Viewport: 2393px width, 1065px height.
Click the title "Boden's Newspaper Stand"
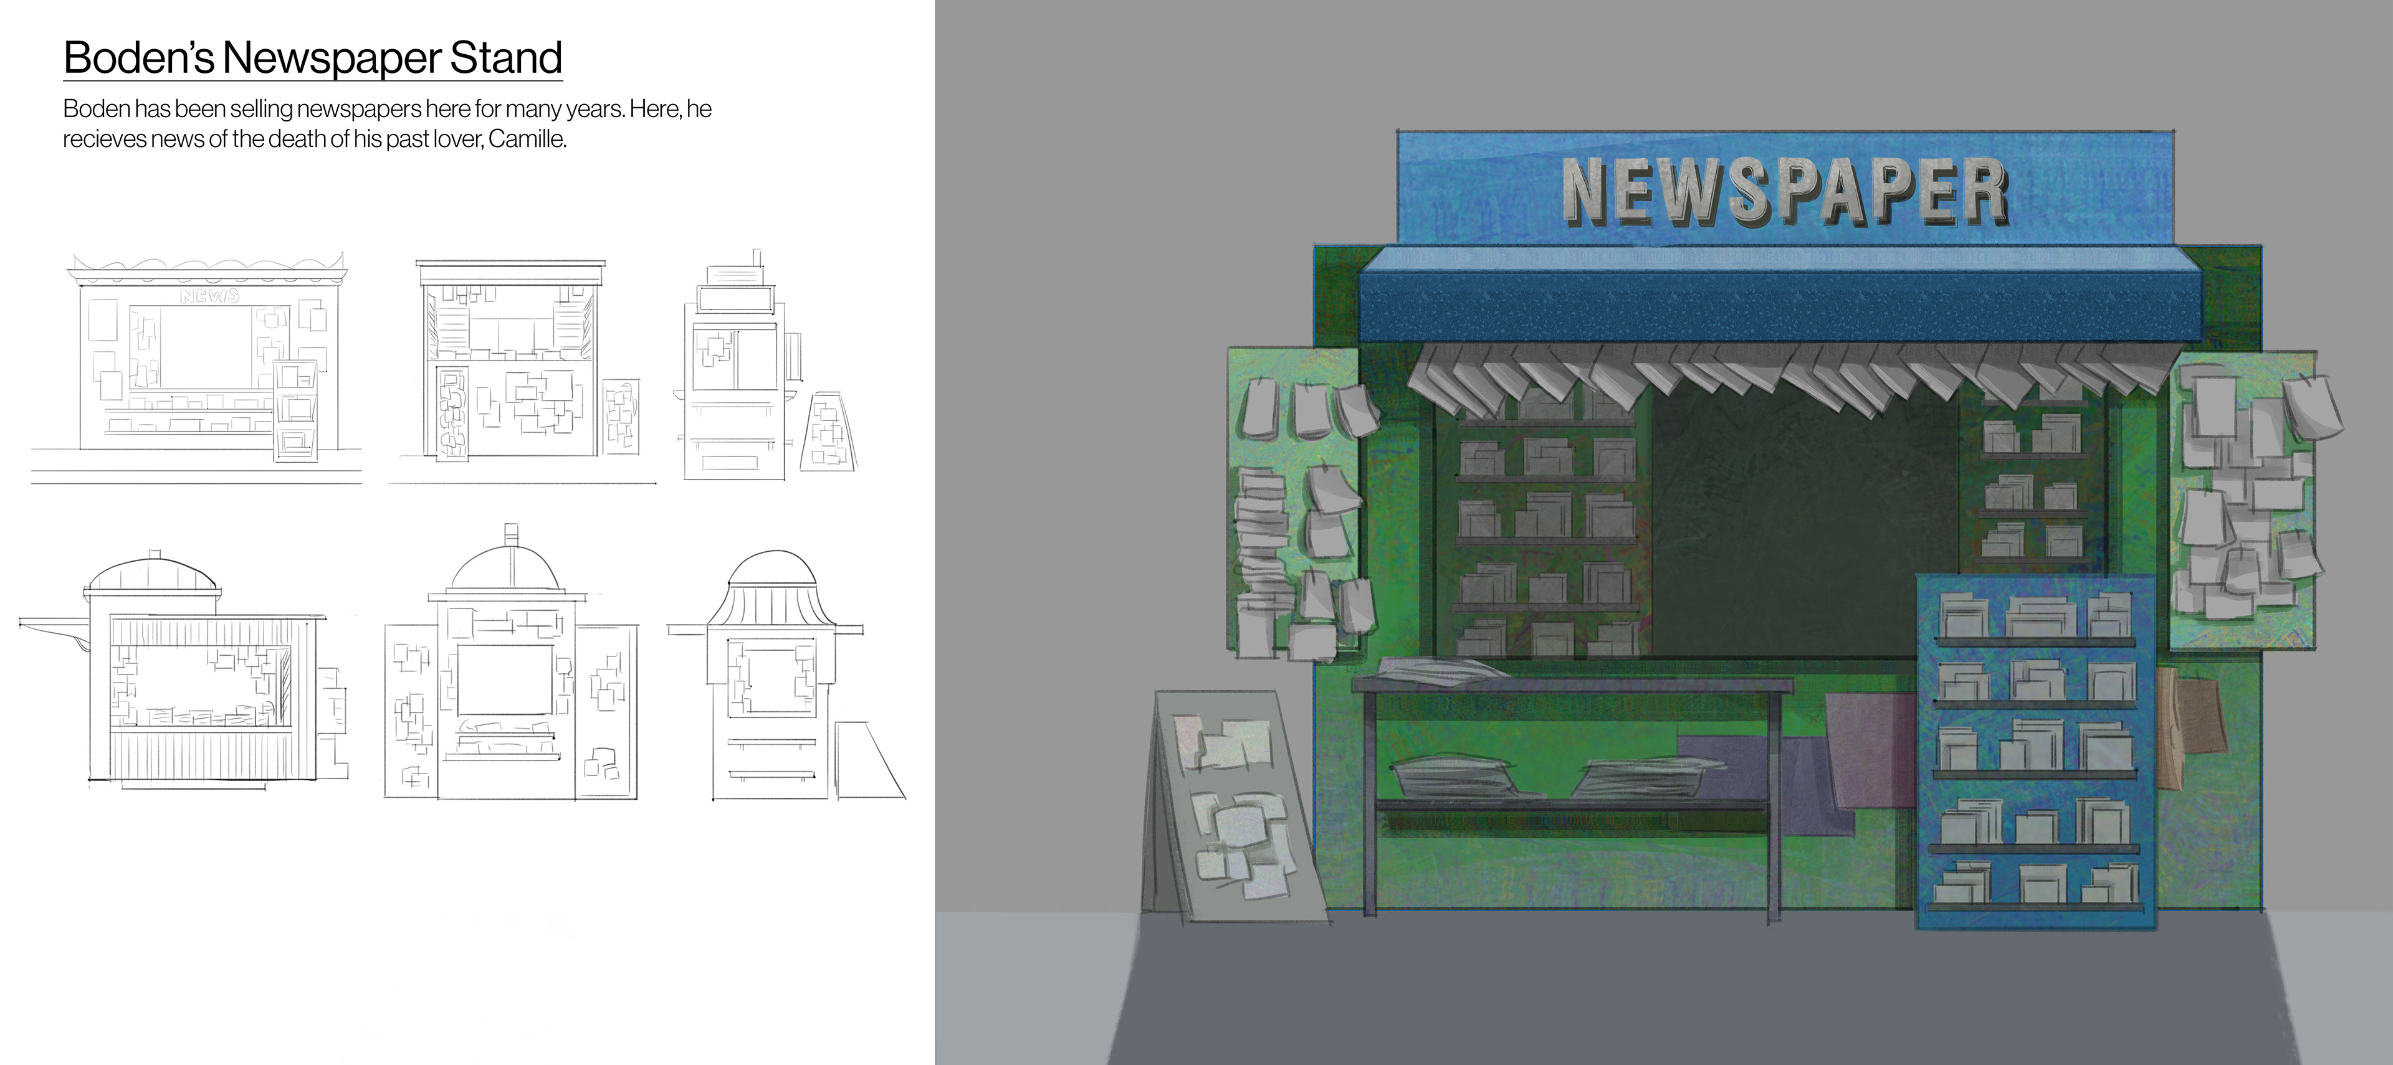pos(313,57)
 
